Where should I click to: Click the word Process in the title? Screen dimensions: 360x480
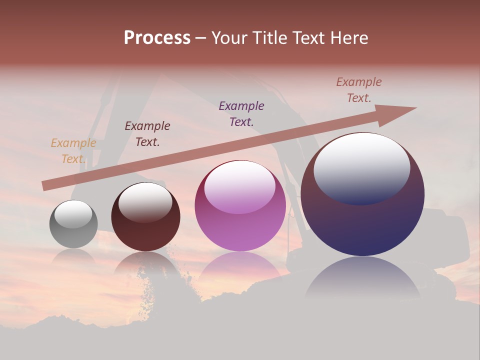[x=157, y=38]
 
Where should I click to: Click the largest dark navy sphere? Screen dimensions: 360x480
[x=362, y=225]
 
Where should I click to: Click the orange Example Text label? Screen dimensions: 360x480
[x=73, y=151]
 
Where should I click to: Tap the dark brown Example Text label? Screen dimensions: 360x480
[x=147, y=134]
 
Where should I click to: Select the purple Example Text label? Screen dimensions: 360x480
[x=241, y=113]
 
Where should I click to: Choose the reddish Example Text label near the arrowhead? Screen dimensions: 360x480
[x=359, y=90]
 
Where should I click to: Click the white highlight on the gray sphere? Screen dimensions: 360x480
[x=73, y=213]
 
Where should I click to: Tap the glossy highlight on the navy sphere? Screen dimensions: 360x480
[x=361, y=167]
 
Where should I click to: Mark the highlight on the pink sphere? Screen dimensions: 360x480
[x=240, y=187]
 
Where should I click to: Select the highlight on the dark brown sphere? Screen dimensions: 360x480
[x=145, y=202]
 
